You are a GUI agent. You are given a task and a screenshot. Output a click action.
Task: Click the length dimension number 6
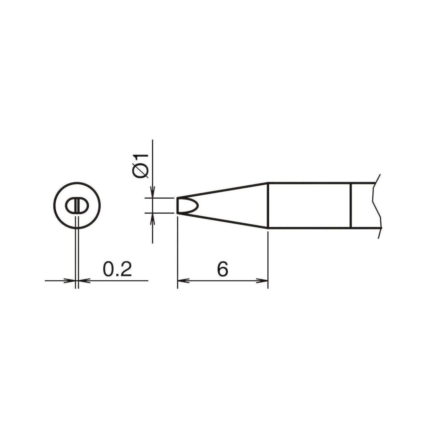pyautogui.click(x=223, y=269)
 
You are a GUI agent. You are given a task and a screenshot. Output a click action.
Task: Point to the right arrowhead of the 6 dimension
pyautogui.click(x=263, y=280)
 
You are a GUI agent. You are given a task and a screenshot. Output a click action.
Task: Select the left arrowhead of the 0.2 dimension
pyautogui.click(x=71, y=280)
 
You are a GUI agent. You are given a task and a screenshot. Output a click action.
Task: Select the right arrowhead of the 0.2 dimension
pyautogui.click(x=83, y=280)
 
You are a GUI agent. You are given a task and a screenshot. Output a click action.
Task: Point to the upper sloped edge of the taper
pyautogui.click(x=222, y=190)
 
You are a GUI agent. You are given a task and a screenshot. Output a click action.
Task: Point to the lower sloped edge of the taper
pyautogui.click(x=222, y=220)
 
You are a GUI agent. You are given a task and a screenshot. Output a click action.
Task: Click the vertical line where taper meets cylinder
pyautogui.click(x=268, y=205)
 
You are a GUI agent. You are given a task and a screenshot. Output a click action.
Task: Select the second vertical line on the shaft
pyautogui.click(x=351, y=205)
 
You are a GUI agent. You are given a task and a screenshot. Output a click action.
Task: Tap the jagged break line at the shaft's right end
pyautogui.click(x=375, y=205)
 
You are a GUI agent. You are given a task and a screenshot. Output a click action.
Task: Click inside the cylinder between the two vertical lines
pyautogui.click(x=310, y=205)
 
